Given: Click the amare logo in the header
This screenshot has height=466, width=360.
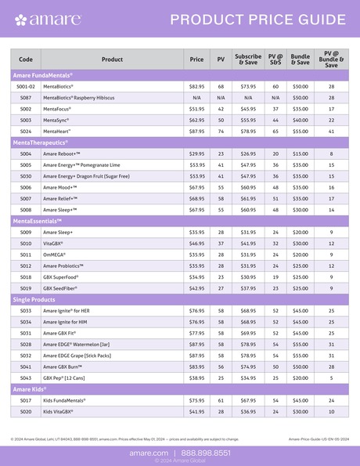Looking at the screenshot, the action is pyautogui.click(x=47, y=20).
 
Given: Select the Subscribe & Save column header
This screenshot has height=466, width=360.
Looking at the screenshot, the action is pyautogui.click(x=248, y=59).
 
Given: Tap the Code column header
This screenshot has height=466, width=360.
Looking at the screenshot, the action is pyautogui.click(x=26, y=59).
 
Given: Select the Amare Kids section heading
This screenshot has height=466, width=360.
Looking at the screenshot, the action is pyautogui.click(x=30, y=389).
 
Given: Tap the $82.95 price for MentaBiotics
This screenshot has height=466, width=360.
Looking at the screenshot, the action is pyautogui.click(x=196, y=86).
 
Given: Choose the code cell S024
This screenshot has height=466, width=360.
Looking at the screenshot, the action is pyautogui.click(x=26, y=132).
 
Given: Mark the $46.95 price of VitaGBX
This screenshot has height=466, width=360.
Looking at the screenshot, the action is pyautogui.click(x=196, y=244).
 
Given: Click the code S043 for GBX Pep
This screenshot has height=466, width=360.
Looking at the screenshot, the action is pyautogui.click(x=26, y=378).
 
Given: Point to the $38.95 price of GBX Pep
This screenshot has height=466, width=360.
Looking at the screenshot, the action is pyautogui.click(x=196, y=378).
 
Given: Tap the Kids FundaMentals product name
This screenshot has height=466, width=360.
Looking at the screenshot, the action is pyautogui.click(x=65, y=400).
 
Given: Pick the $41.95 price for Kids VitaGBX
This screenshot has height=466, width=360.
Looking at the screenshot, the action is pyautogui.click(x=196, y=412).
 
